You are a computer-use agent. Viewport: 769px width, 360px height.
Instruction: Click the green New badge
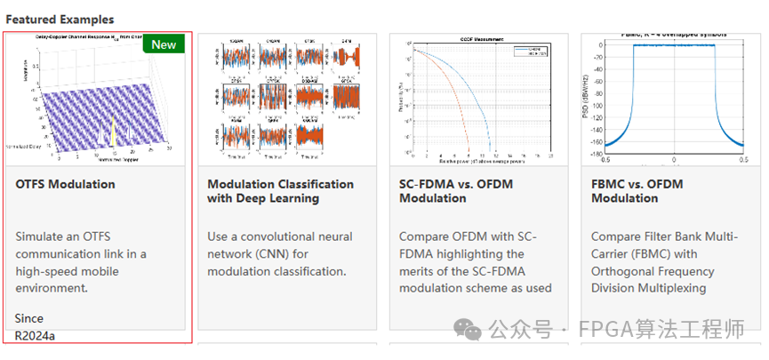[164, 44]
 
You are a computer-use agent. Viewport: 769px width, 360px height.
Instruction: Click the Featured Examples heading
[60, 19]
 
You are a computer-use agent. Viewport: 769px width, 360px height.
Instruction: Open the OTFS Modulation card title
[65, 184]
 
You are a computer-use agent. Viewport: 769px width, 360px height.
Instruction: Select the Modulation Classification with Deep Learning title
[280, 191]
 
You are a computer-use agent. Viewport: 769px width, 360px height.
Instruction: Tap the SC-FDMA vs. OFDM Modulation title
[455, 191]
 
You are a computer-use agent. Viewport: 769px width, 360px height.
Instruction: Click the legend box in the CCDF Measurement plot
[532, 52]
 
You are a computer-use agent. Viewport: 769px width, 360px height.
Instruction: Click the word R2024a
[35, 336]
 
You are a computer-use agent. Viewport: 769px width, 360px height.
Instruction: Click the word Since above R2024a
[28, 318]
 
